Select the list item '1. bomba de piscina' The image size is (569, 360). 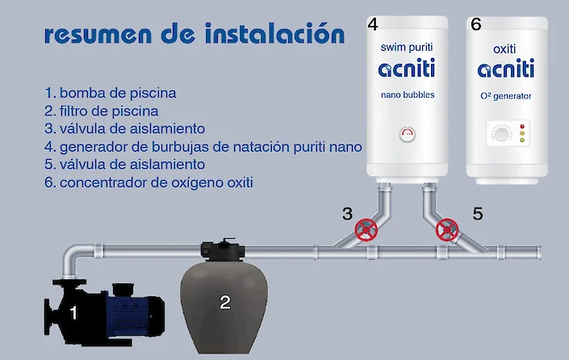pyautogui.click(x=111, y=93)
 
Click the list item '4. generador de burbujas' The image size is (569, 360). pyautogui.click(x=203, y=147)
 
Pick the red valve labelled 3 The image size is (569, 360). pyautogui.click(x=367, y=230)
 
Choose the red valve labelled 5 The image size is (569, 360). pyautogui.click(x=446, y=230)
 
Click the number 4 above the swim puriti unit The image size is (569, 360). pyautogui.click(x=372, y=24)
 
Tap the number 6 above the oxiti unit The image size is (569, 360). pyautogui.click(x=475, y=24)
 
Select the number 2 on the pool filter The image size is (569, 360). pyautogui.click(x=225, y=303)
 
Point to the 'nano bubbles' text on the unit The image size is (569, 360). pyautogui.click(x=407, y=95)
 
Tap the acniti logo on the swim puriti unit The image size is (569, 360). pyautogui.click(x=407, y=70)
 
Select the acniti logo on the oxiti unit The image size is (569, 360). pyautogui.click(x=506, y=70)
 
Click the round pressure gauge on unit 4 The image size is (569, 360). pyautogui.click(x=407, y=134)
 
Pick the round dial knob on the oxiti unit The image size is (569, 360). pyautogui.click(x=501, y=134)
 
